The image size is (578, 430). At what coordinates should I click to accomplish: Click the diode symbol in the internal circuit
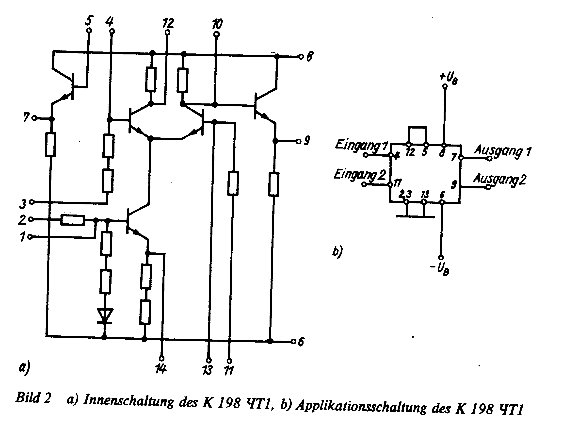105,316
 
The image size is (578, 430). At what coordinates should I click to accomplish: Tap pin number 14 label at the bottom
161,369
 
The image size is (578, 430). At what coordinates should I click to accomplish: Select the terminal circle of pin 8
301,56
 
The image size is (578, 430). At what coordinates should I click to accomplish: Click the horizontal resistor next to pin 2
73,220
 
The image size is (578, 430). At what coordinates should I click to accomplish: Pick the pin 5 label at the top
89,20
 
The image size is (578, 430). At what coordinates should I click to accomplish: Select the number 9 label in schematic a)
307,141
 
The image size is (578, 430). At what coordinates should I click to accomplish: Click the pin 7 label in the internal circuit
27,117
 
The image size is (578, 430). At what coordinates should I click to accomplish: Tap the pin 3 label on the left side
23,204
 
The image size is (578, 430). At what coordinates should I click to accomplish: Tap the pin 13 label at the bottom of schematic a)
208,370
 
